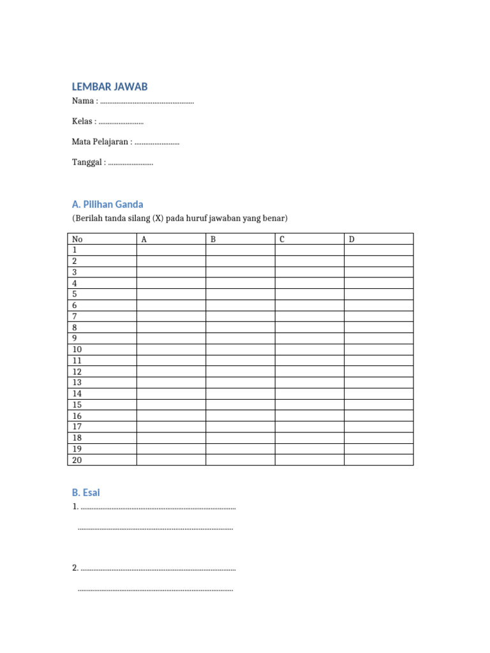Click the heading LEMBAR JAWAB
coord(110,87)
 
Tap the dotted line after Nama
coord(147,101)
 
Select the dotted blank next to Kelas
coord(121,122)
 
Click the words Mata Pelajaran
coord(101,142)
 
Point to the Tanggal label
coord(87,163)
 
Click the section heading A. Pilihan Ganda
coord(108,205)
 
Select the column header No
coord(77,239)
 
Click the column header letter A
coord(144,239)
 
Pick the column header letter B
coord(213,239)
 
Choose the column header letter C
coord(282,239)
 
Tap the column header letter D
coord(352,239)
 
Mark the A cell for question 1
coord(171,250)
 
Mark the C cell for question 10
coord(309,349)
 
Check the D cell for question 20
coord(379,460)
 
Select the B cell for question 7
coord(241,316)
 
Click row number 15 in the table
coord(77,405)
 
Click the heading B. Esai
coord(86,493)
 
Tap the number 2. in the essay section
coord(75,568)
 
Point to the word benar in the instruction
coord(277,219)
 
